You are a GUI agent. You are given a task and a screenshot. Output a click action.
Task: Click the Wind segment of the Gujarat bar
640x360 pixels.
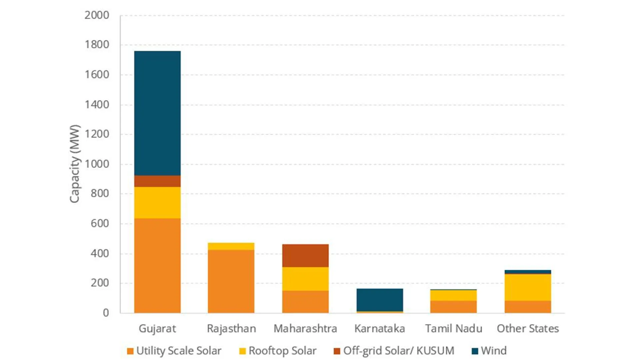(x=157, y=113)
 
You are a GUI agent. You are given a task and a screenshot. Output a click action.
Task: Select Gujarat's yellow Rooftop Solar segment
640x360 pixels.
(x=157, y=203)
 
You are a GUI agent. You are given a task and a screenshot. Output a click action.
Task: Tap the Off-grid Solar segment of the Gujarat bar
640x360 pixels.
(x=157, y=181)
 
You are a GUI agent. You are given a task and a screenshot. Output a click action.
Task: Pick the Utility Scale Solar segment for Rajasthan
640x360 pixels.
(x=231, y=281)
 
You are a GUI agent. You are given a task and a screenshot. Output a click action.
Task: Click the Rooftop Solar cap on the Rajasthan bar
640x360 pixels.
(x=231, y=246)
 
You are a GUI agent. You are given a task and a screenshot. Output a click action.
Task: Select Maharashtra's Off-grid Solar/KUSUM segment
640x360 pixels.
(x=305, y=256)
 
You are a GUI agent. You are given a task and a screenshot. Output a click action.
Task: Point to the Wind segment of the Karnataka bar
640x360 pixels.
(x=380, y=300)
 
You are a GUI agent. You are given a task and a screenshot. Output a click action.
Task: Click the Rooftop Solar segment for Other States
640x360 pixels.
(x=528, y=287)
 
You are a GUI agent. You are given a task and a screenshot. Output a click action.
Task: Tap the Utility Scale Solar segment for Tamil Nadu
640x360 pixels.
(x=453, y=307)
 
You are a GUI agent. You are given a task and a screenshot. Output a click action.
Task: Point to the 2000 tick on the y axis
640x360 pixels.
(x=97, y=15)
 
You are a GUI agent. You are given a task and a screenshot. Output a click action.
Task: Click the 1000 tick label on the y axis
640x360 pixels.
(x=97, y=164)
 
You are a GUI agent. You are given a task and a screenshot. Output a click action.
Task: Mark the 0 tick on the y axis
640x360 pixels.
(x=106, y=313)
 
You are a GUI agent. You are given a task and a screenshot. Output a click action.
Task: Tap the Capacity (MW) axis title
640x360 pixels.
(x=75, y=164)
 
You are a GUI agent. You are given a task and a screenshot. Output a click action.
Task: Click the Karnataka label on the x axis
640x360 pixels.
(x=380, y=329)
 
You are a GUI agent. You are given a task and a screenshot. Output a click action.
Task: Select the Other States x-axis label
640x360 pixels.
(x=528, y=329)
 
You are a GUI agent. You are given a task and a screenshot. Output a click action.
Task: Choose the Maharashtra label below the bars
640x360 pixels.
(x=305, y=329)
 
